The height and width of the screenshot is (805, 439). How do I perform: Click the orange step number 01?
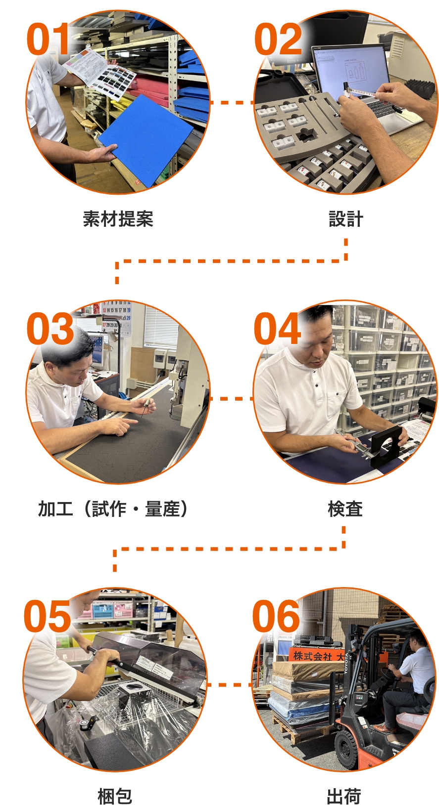click(48, 39)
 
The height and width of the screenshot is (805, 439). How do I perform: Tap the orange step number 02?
click(278, 39)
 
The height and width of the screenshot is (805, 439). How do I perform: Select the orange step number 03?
click(50, 328)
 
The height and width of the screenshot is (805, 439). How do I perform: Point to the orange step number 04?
click(277, 328)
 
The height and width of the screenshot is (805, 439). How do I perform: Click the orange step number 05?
click(48, 616)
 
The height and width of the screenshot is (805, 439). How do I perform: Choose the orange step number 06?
click(276, 616)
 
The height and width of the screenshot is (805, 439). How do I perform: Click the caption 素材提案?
click(118, 219)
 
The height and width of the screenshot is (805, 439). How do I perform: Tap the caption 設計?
click(346, 219)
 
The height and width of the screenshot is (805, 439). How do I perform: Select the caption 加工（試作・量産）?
click(113, 509)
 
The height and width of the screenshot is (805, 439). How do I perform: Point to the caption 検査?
click(345, 509)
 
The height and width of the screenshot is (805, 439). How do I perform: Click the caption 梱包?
click(115, 796)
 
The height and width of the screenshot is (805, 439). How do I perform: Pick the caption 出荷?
click(344, 796)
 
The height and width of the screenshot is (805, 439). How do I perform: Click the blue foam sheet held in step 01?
click(146, 140)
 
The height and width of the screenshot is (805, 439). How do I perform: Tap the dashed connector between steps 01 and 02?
click(232, 103)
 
